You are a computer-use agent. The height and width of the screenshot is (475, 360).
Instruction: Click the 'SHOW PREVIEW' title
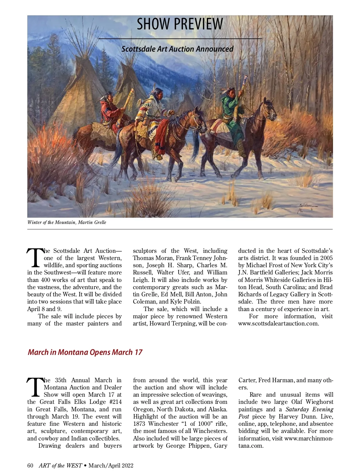click(x=180, y=24)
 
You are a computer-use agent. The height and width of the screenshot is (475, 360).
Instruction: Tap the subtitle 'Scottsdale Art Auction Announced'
click(x=177, y=49)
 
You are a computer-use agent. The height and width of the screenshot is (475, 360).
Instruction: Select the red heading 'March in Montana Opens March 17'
click(x=85, y=352)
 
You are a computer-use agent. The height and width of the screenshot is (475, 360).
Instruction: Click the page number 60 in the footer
click(x=30, y=465)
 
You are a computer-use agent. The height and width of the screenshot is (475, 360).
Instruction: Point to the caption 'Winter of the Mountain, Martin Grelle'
click(x=67, y=222)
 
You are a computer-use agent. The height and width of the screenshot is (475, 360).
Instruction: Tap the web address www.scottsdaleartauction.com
click(x=278, y=324)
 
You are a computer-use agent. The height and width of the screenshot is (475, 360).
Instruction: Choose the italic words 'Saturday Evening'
click(x=309, y=410)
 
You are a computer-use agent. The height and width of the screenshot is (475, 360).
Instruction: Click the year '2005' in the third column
click(x=326, y=258)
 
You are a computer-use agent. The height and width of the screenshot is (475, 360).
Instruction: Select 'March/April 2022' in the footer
click(x=111, y=465)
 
